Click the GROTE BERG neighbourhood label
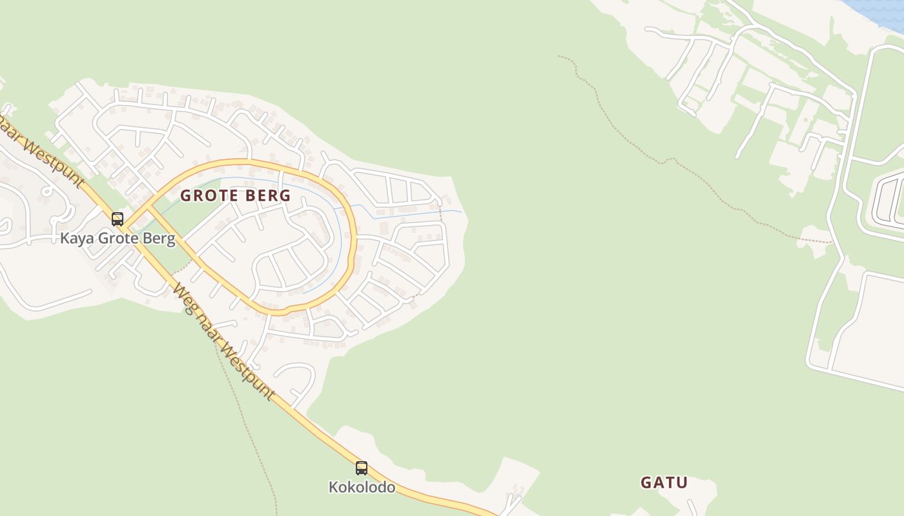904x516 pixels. (x=235, y=195)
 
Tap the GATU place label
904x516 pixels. (x=664, y=482)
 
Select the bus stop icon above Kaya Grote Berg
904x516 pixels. (x=117, y=219)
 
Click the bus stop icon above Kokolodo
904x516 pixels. (x=362, y=468)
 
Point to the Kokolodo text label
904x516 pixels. (x=362, y=487)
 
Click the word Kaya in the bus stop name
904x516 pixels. (x=76, y=239)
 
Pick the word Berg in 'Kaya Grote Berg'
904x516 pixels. (x=160, y=239)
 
